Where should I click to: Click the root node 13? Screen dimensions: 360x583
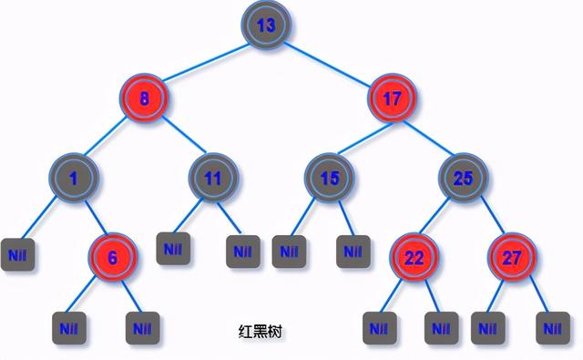click(265, 26)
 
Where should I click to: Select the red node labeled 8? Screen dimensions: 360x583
click(147, 99)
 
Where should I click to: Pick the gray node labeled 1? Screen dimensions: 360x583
click(72, 179)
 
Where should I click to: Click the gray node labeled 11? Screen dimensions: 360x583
click(212, 178)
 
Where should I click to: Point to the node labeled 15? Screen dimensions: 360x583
click(329, 178)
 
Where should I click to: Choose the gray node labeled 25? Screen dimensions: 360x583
click(463, 178)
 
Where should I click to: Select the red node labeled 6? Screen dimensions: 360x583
click(113, 257)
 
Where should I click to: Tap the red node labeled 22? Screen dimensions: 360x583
click(414, 257)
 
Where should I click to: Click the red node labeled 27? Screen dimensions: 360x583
click(512, 257)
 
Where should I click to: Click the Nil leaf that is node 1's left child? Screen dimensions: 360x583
click(18, 252)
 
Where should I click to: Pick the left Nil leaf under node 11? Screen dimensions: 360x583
click(173, 248)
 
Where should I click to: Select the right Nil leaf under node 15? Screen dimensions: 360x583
click(353, 250)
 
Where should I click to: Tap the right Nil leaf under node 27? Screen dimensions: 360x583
click(552, 326)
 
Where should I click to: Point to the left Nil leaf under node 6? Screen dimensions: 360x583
click(68, 326)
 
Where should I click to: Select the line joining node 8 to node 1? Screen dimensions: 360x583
click(109, 139)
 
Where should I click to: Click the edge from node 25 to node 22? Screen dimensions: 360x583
click(438, 218)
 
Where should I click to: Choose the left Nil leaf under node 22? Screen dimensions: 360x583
click(379, 326)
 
